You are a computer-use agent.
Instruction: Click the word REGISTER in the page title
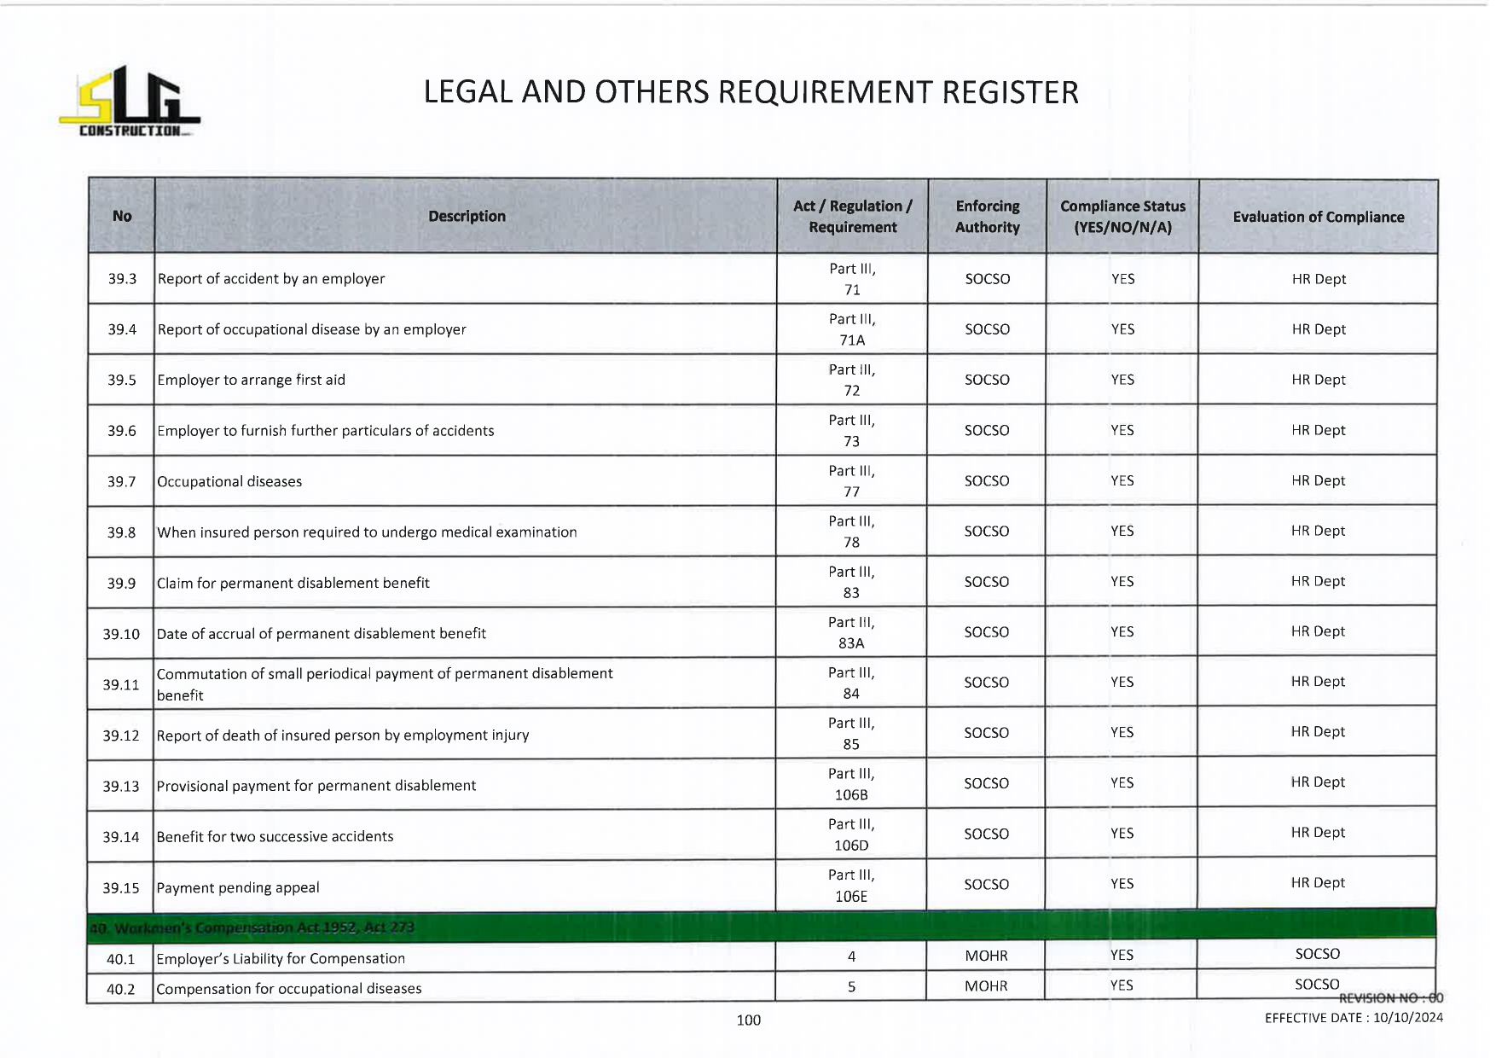tap(1010, 92)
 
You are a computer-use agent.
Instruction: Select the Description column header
tap(467, 217)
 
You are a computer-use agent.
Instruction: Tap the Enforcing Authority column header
tap(987, 217)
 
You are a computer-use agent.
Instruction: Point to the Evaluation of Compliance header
tap(1318, 217)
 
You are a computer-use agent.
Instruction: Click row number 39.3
tap(122, 279)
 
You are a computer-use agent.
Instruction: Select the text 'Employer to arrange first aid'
tap(251, 380)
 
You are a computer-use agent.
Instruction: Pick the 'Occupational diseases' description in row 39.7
tap(229, 481)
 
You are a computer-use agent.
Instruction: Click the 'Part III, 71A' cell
tap(852, 329)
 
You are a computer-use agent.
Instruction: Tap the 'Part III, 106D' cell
tap(851, 834)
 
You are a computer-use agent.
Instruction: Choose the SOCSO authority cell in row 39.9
tap(987, 582)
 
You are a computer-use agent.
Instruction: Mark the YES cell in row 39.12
tap(1122, 733)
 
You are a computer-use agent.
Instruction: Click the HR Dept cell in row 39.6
tap(1318, 430)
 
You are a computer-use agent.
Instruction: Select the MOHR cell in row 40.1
tap(986, 956)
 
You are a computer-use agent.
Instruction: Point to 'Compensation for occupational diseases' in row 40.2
tap(289, 989)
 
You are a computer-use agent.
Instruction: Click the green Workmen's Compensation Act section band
tap(761, 927)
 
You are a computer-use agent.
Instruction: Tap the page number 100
tap(748, 1020)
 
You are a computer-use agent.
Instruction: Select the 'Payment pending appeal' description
tap(238, 887)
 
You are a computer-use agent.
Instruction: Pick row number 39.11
tap(120, 684)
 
